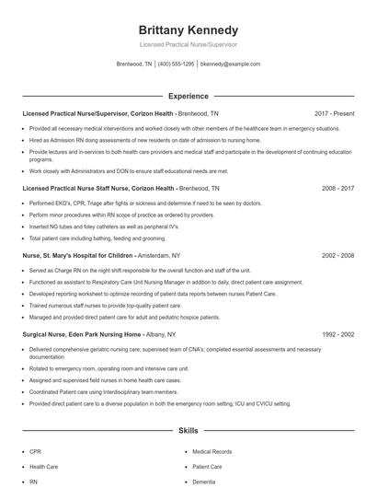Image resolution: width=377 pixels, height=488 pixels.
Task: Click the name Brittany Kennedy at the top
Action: pyautogui.click(x=188, y=29)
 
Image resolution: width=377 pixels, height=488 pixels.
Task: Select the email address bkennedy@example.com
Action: pyautogui.click(x=230, y=64)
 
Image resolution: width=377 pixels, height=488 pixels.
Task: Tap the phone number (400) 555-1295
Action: pyautogui.click(x=177, y=64)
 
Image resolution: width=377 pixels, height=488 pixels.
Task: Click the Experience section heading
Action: pyautogui.click(x=188, y=95)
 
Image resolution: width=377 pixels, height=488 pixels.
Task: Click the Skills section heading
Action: pyautogui.click(x=188, y=430)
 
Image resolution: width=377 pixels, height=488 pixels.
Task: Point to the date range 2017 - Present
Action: pyautogui.click(x=334, y=113)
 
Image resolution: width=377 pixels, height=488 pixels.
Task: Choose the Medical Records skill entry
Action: pyautogui.click(x=211, y=452)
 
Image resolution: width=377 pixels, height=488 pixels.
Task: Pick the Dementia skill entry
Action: pyautogui.click(x=204, y=482)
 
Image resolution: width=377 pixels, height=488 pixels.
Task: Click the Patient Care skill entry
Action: pyautogui.click(x=208, y=467)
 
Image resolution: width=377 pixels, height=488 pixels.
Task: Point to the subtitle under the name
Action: pyautogui.click(x=188, y=44)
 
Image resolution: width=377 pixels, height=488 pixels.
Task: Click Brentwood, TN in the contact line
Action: pyautogui.click(x=134, y=64)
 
